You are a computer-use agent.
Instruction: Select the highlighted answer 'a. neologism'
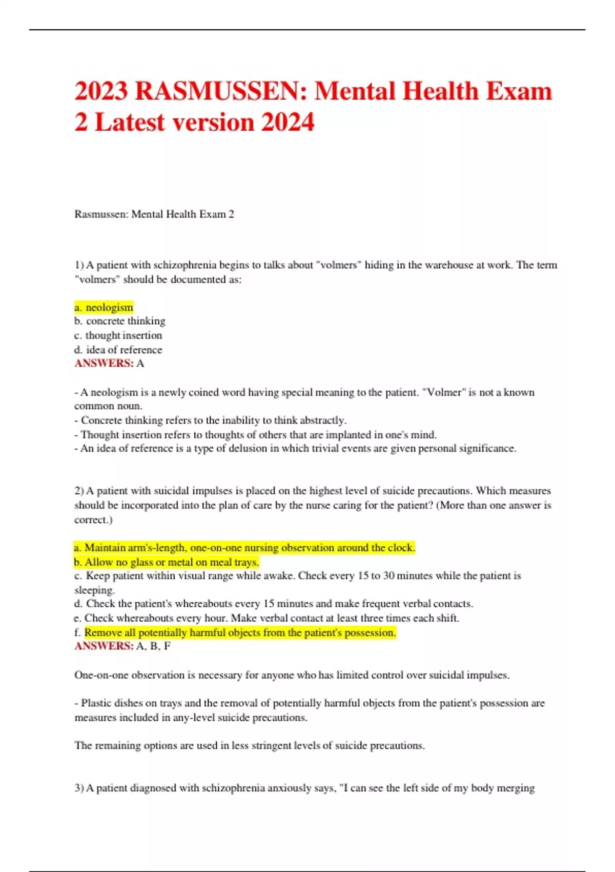(x=104, y=307)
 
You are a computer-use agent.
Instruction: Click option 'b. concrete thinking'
(x=120, y=321)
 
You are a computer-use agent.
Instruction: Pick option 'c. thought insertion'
(x=118, y=335)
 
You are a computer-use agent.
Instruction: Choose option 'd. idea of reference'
(x=118, y=350)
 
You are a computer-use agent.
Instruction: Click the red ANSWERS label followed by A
(x=104, y=364)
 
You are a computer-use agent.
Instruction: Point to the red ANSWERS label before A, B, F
(x=104, y=646)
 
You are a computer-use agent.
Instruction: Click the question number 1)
(x=79, y=265)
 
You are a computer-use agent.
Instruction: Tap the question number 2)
(x=79, y=491)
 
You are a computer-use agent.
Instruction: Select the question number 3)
(x=79, y=788)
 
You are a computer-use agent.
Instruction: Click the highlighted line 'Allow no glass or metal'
(x=167, y=562)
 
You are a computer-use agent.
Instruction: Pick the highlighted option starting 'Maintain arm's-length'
(x=244, y=548)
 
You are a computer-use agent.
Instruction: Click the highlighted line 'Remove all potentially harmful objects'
(x=240, y=633)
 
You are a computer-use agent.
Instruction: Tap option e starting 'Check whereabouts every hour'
(x=266, y=618)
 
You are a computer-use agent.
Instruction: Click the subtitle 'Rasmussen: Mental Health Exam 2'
(x=154, y=214)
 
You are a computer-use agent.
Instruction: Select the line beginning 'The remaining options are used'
(x=250, y=745)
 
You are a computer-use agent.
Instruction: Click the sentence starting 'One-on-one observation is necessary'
(x=292, y=675)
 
